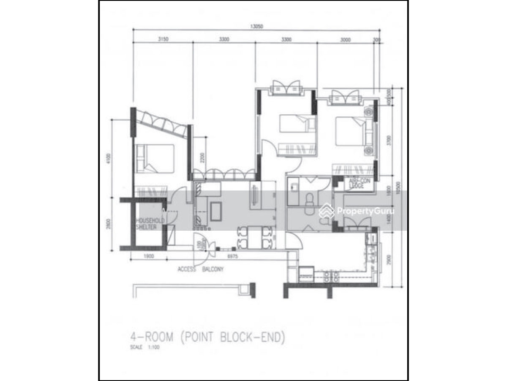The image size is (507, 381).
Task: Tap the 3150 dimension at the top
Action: (164, 40)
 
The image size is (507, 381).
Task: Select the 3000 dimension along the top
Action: (346, 40)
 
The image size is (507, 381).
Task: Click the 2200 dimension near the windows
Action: (202, 157)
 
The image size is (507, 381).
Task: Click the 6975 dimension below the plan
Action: (232, 257)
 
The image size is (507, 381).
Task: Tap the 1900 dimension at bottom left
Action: (148, 257)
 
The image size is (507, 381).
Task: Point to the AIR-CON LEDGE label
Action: (356, 182)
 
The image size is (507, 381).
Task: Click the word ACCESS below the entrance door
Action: (187, 269)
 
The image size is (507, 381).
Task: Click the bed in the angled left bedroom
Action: (155, 158)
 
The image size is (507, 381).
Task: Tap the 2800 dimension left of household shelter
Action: (109, 224)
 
